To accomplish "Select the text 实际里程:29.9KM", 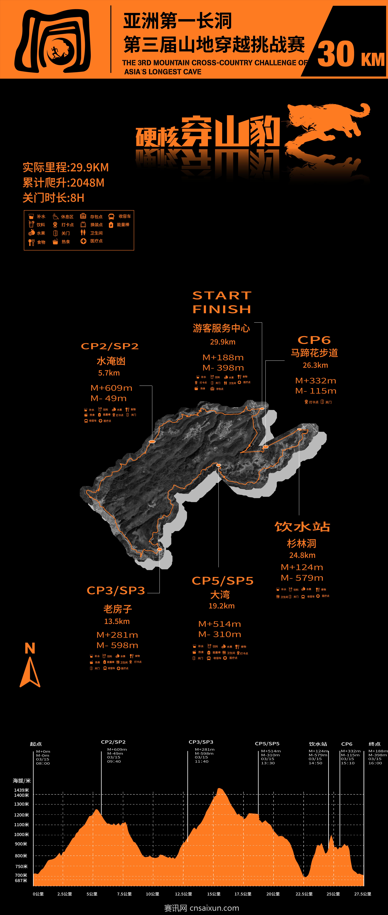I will point(66,167).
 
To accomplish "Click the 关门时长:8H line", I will point(53,198).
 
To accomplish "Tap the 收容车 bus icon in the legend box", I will point(111,216).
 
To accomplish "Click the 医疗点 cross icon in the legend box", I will point(83,241).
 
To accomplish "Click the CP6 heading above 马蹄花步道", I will point(314,340).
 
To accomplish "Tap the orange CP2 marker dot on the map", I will point(152,441).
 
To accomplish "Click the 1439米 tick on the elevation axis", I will point(21,790).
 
